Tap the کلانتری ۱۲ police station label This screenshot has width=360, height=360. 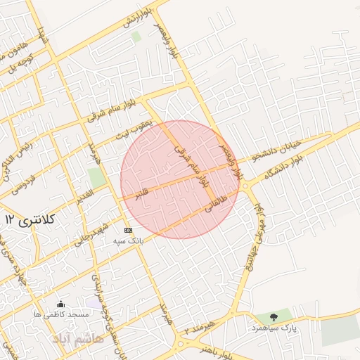click(30, 220)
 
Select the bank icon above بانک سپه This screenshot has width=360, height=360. click(128, 230)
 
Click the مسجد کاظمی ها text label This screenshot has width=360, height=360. click(61, 314)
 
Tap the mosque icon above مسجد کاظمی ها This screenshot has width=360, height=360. click(61, 304)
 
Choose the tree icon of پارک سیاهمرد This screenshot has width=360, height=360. click(274, 318)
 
